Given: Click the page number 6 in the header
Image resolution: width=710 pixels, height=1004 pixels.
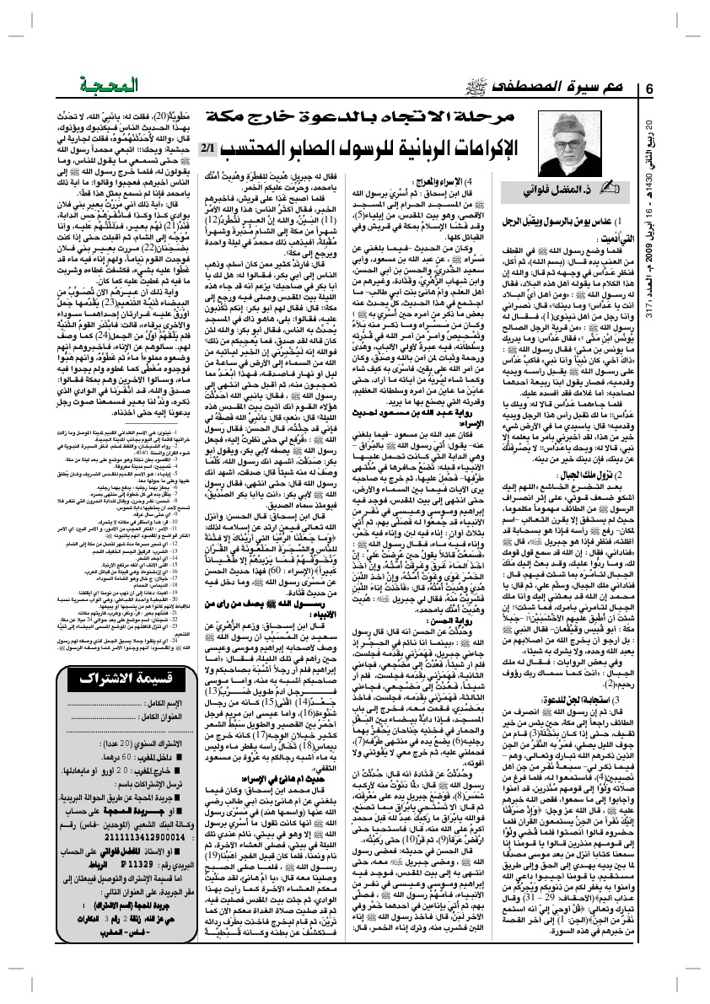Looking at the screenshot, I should pos(649,90).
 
